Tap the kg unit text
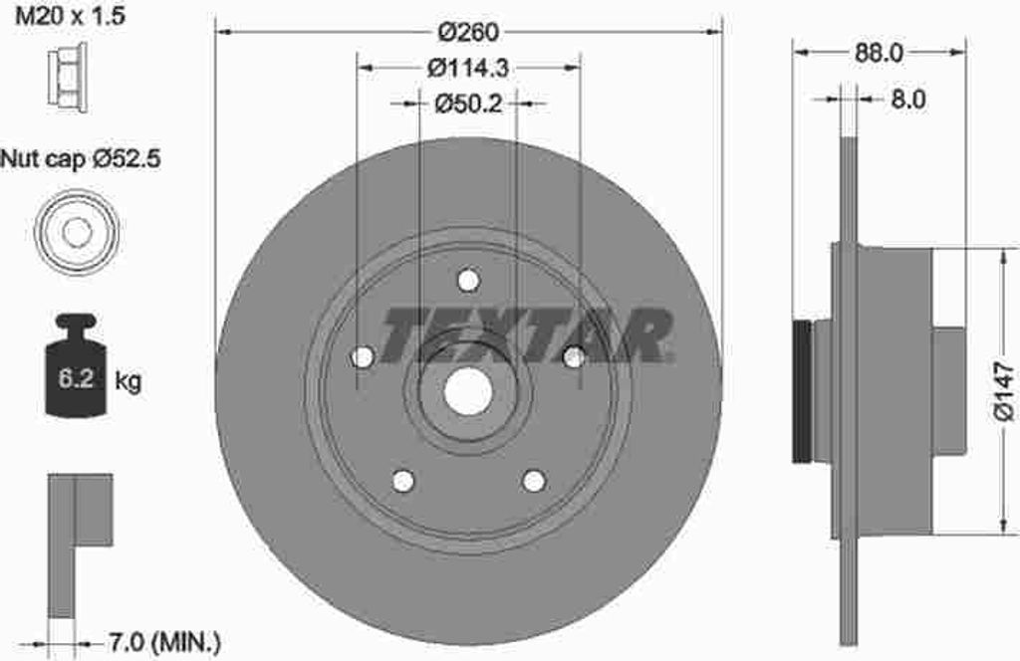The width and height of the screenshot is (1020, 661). [x=128, y=380]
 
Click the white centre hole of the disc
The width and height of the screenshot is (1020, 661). [x=468, y=393]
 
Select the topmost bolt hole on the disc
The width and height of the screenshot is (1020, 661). [x=468, y=281]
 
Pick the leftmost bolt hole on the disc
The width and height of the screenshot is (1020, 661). [x=363, y=356]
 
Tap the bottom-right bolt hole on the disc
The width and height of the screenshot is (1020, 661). [x=534, y=481]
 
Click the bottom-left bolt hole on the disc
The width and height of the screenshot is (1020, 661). [x=402, y=481]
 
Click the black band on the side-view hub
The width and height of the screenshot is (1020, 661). [x=801, y=391]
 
